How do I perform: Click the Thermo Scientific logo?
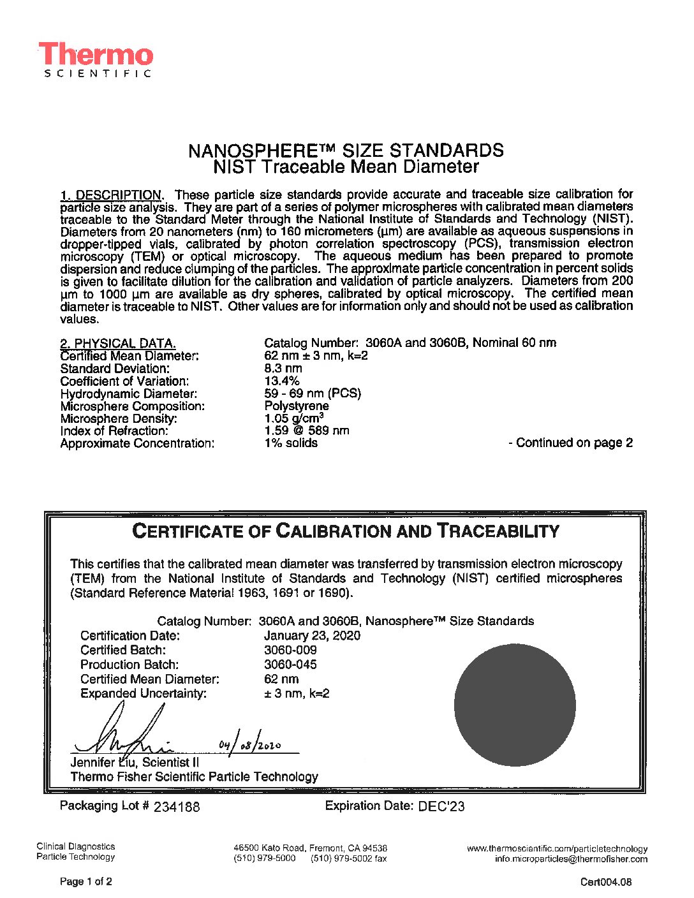tap(96, 60)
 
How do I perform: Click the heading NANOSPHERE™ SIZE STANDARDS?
tap(346, 151)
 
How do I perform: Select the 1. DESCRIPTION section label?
tap(111, 195)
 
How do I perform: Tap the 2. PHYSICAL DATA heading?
tap(118, 343)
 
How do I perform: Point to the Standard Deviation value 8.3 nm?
tap(283, 368)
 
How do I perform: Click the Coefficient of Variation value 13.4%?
tap(281, 381)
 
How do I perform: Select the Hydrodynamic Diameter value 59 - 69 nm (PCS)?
tap(313, 394)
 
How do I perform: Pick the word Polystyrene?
tap(297, 406)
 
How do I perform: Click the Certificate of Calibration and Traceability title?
tap(345, 531)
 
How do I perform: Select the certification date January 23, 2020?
tap(312, 635)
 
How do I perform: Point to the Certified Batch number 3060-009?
tap(290, 650)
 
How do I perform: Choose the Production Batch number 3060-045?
tap(290, 664)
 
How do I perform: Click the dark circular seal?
tap(515, 705)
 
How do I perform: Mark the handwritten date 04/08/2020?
tap(249, 745)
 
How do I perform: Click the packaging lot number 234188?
tap(177, 807)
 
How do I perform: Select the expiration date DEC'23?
tap(441, 806)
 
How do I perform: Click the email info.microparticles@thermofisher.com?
tap(571, 859)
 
